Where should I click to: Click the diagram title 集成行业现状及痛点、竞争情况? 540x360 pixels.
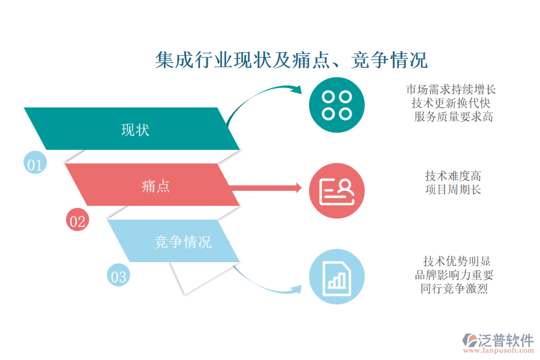[x=292, y=60]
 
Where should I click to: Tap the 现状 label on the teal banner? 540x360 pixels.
[x=135, y=130]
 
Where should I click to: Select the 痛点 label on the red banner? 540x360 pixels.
[x=155, y=186]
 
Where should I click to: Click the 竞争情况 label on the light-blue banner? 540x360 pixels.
[x=183, y=242]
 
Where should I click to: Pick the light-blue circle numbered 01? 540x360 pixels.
[x=35, y=162]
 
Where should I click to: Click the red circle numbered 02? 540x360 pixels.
[x=77, y=220]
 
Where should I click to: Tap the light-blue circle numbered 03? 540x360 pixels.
[x=118, y=275]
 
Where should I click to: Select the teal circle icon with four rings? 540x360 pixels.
[x=337, y=105]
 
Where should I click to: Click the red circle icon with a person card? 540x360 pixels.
[x=337, y=191]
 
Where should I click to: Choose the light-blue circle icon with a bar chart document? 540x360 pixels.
[x=337, y=277]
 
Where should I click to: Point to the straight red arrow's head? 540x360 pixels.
[x=299, y=188]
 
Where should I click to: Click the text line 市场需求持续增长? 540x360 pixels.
[x=451, y=89]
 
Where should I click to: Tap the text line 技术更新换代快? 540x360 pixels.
[x=451, y=103]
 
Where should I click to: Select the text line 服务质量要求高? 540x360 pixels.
[x=454, y=117]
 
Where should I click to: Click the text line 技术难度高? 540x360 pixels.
[x=453, y=176]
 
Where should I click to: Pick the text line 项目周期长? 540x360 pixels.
[x=453, y=190]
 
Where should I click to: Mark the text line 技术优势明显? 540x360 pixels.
[x=457, y=261]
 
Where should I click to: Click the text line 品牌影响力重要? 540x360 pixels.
[x=454, y=275]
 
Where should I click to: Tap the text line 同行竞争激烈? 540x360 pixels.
[x=454, y=289]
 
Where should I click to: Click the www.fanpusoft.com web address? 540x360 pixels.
[x=499, y=350]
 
